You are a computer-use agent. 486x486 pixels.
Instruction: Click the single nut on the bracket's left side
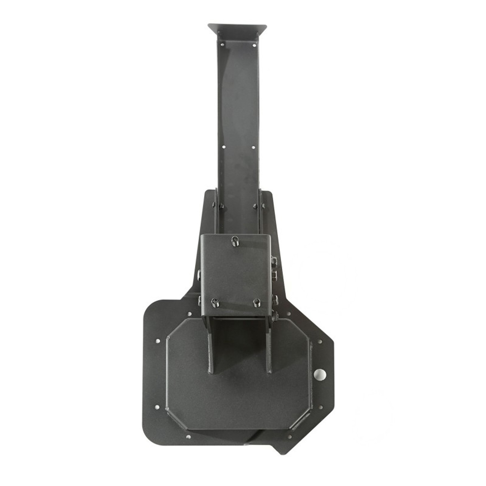199,274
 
